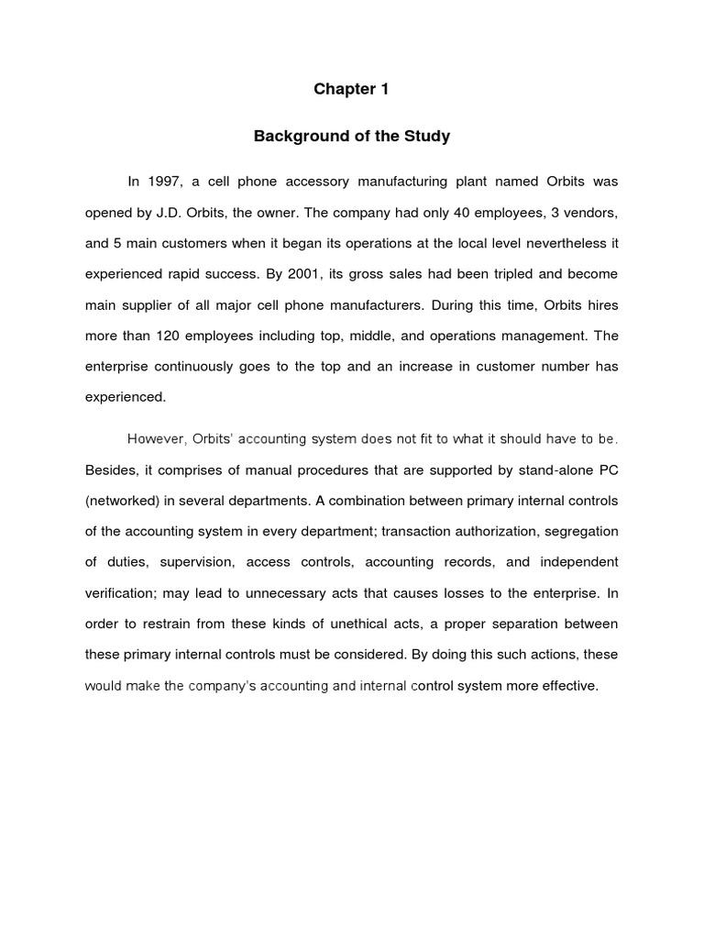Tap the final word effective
[567, 685]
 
